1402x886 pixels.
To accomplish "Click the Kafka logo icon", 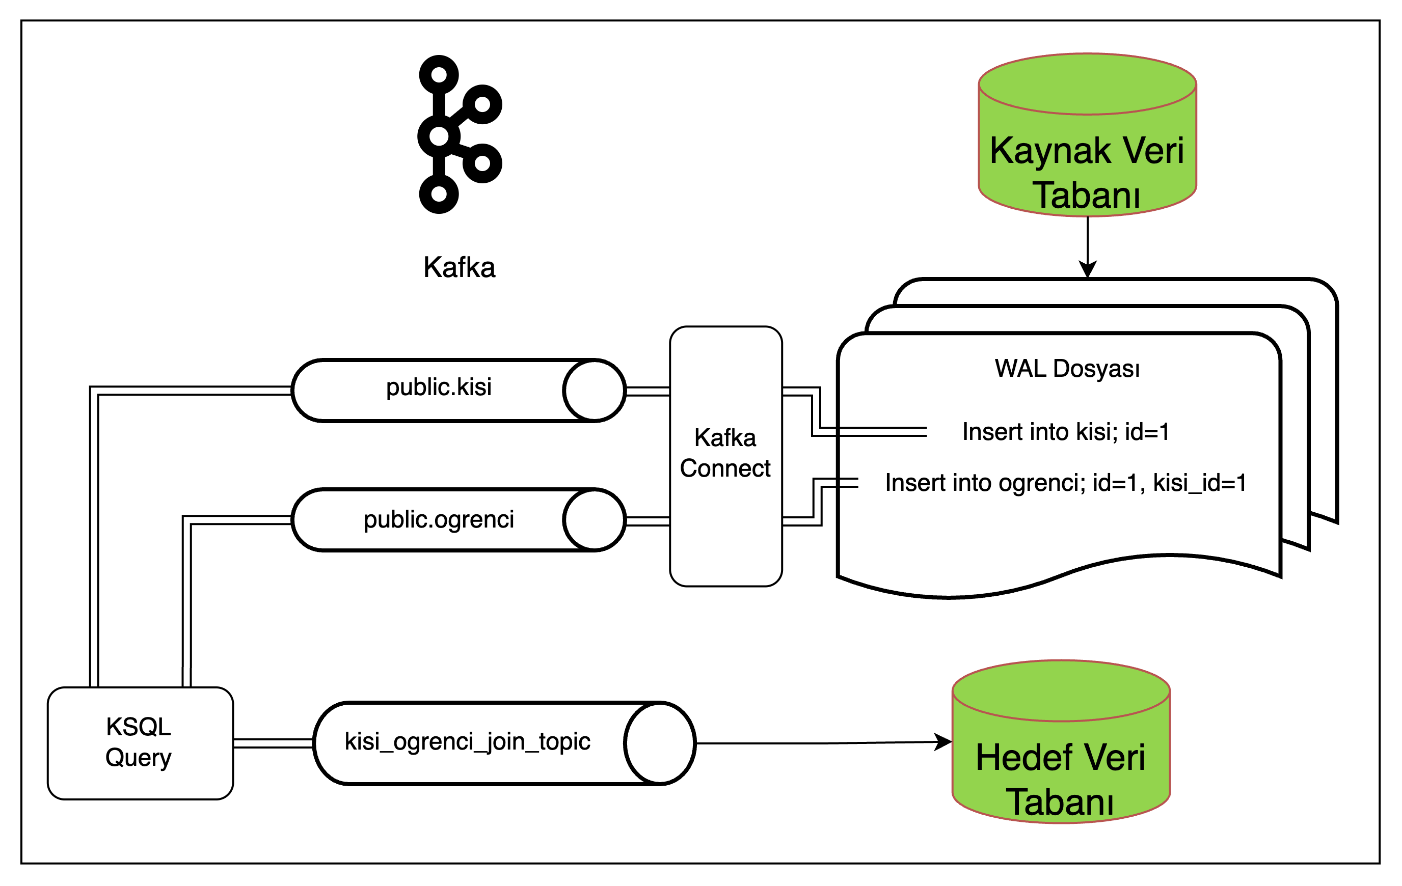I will pos(460,134).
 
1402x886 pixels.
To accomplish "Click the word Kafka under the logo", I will pos(459,268).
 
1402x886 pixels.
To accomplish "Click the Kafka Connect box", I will pos(725,456).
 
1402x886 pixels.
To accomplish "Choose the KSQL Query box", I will pos(140,743).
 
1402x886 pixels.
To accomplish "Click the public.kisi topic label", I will pos(439,387).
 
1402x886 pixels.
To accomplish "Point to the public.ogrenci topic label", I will pos(439,519).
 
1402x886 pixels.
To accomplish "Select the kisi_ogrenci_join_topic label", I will pos(467,741).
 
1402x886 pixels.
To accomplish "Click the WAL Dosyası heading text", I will pos(1067,369).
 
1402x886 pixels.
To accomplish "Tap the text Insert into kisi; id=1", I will pos(1065,432).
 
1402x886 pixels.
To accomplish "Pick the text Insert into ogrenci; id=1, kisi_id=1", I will pos(1065,483).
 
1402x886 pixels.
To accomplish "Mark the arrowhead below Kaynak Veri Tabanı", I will pos(1088,269).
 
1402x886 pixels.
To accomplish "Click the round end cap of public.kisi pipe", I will pos(594,391).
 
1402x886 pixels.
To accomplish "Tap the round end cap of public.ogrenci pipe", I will pos(594,520).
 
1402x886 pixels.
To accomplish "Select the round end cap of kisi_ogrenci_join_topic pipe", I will pos(660,743).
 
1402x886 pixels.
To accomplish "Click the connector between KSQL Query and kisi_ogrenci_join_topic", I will pos(273,743).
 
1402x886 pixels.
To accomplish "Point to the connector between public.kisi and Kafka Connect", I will pos(648,391).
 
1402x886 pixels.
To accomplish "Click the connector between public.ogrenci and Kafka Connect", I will pos(648,521).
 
